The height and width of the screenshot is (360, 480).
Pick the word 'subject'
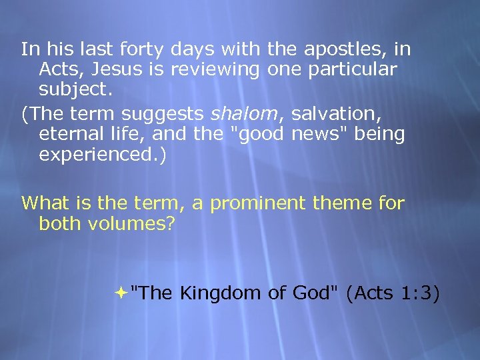[x=72, y=89]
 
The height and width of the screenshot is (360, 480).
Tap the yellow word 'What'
[x=44, y=203]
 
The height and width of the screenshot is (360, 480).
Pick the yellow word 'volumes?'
[x=137, y=223]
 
